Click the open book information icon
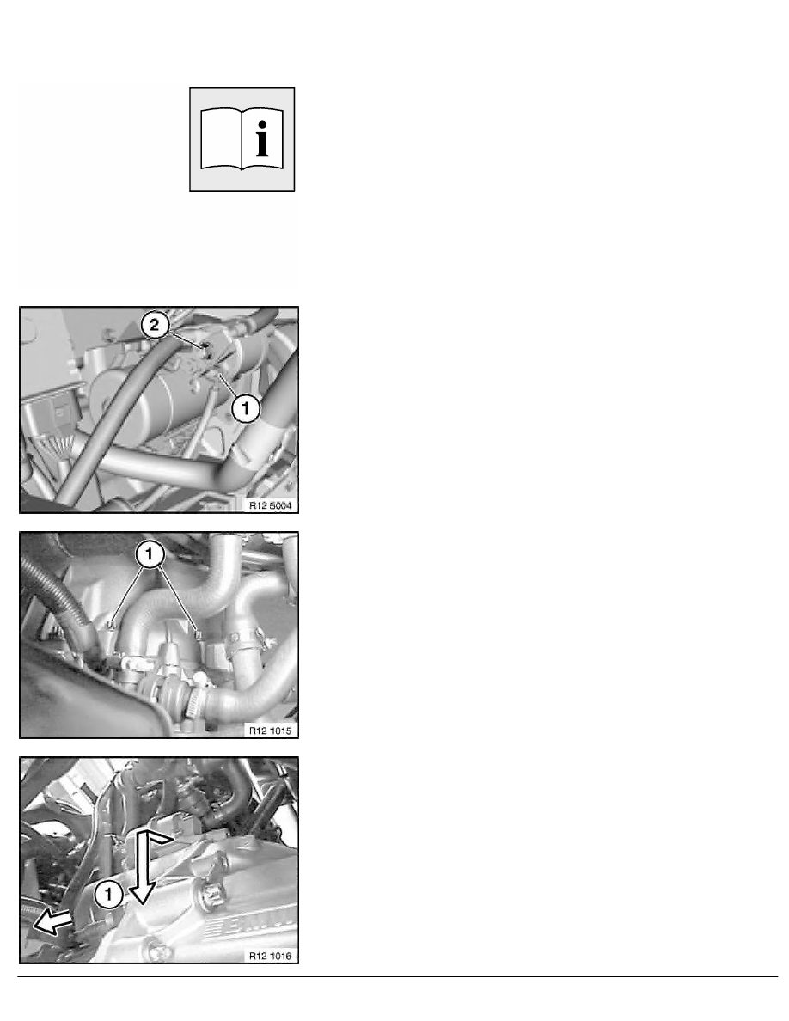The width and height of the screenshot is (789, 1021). click(x=242, y=138)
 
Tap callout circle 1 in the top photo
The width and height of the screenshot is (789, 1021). click(x=246, y=411)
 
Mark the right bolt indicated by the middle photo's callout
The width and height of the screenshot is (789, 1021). click(x=199, y=635)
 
